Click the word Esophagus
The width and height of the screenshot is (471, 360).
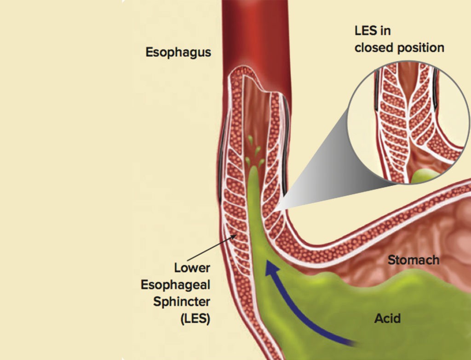click(178, 52)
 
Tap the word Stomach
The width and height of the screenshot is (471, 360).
click(414, 260)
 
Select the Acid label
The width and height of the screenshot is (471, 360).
click(387, 318)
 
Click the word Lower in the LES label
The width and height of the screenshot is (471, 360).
click(192, 267)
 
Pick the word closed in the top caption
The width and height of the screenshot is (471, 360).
click(373, 47)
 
